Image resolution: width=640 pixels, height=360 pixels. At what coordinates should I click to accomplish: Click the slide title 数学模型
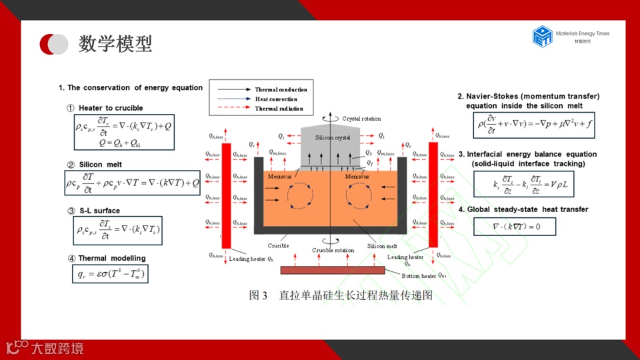(115, 44)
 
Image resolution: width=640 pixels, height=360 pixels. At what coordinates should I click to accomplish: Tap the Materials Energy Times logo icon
(543, 36)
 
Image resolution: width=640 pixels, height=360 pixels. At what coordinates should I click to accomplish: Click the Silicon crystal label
(332, 137)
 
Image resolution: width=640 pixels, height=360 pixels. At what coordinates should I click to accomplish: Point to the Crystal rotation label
(361, 119)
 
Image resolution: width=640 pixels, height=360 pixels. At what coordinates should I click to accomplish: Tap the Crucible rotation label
(333, 251)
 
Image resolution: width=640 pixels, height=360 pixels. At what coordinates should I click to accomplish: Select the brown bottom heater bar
(333, 270)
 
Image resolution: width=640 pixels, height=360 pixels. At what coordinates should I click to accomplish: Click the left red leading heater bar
(226, 193)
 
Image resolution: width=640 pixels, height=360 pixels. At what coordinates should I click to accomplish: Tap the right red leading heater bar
(433, 193)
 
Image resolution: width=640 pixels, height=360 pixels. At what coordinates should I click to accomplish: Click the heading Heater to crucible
(110, 108)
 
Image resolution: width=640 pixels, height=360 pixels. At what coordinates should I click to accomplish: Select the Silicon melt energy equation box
(132, 182)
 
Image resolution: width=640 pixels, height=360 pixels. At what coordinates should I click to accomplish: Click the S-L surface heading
(99, 211)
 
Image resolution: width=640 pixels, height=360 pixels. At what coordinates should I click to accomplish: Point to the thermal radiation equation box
(110, 273)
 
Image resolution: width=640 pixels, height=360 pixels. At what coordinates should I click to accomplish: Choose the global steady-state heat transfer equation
(515, 227)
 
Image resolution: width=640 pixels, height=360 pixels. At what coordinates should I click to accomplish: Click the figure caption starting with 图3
(341, 295)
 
